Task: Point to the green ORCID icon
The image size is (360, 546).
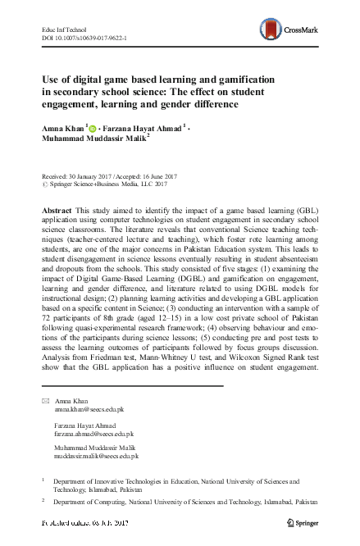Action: (x=92, y=128)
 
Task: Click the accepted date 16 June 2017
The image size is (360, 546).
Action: (x=181, y=179)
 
